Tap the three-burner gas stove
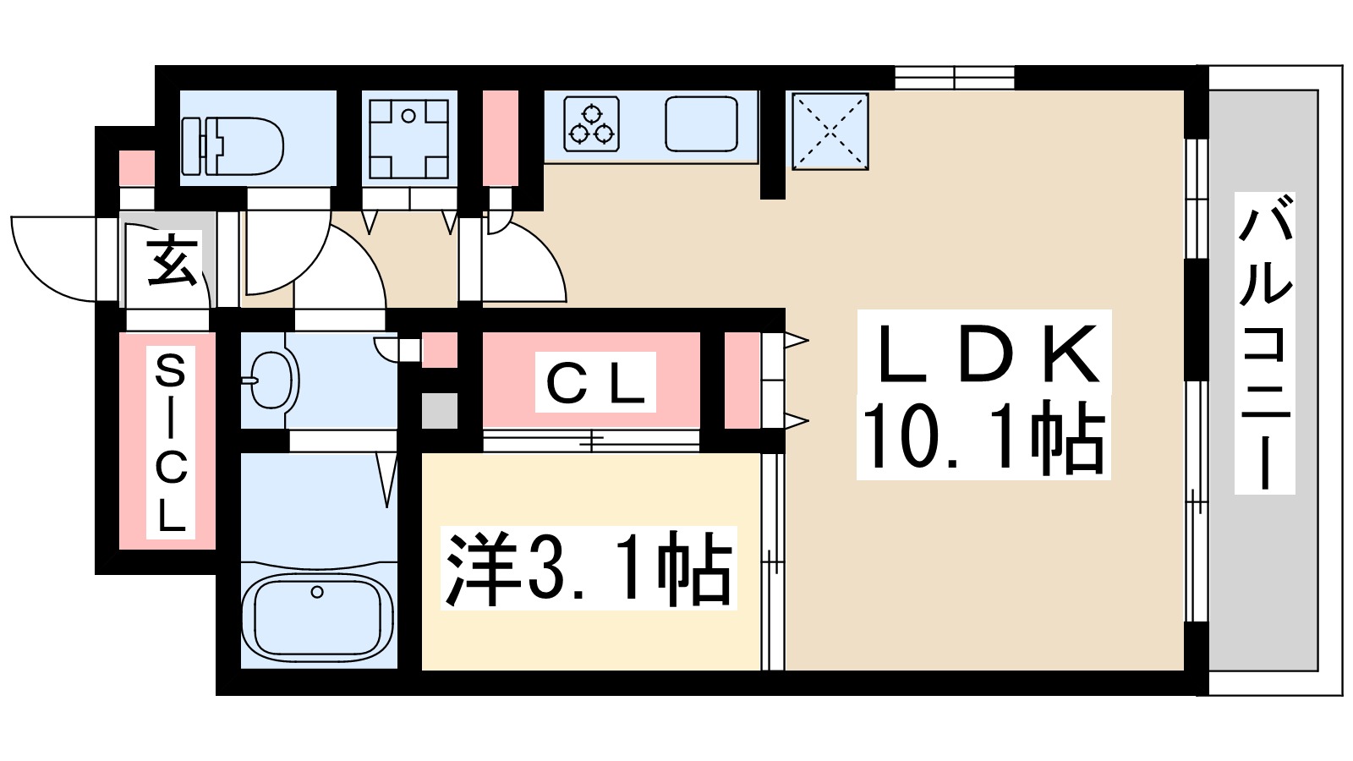click(591, 123)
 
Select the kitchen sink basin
click(701, 123)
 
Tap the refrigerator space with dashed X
click(830, 131)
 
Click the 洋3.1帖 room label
click(589, 568)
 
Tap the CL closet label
click(595, 383)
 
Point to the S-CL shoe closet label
click(170, 441)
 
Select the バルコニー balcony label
click(1264, 342)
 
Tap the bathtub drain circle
click(317, 592)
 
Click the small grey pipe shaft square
click(440, 410)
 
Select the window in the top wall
click(954, 78)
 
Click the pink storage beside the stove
click(500, 137)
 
